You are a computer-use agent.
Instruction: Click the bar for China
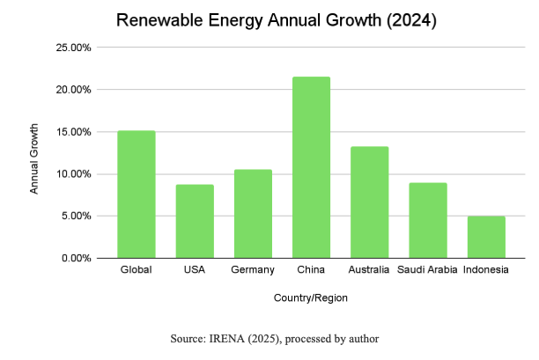tap(312, 167)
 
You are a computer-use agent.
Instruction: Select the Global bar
tap(137, 195)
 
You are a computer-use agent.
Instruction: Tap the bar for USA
tap(195, 221)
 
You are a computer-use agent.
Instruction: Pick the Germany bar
tap(253, 214)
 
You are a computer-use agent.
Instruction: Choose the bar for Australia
tap(370, 202)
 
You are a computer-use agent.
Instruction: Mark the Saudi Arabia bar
tap(428, 220)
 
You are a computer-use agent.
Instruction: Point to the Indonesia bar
tap(486, 237)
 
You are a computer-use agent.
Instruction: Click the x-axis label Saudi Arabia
tap(428, 269)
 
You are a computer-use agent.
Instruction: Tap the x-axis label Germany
tap(253, 269)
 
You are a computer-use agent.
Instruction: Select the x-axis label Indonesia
tap(486, 269)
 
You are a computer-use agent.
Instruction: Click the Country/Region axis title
tap(311, 298)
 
